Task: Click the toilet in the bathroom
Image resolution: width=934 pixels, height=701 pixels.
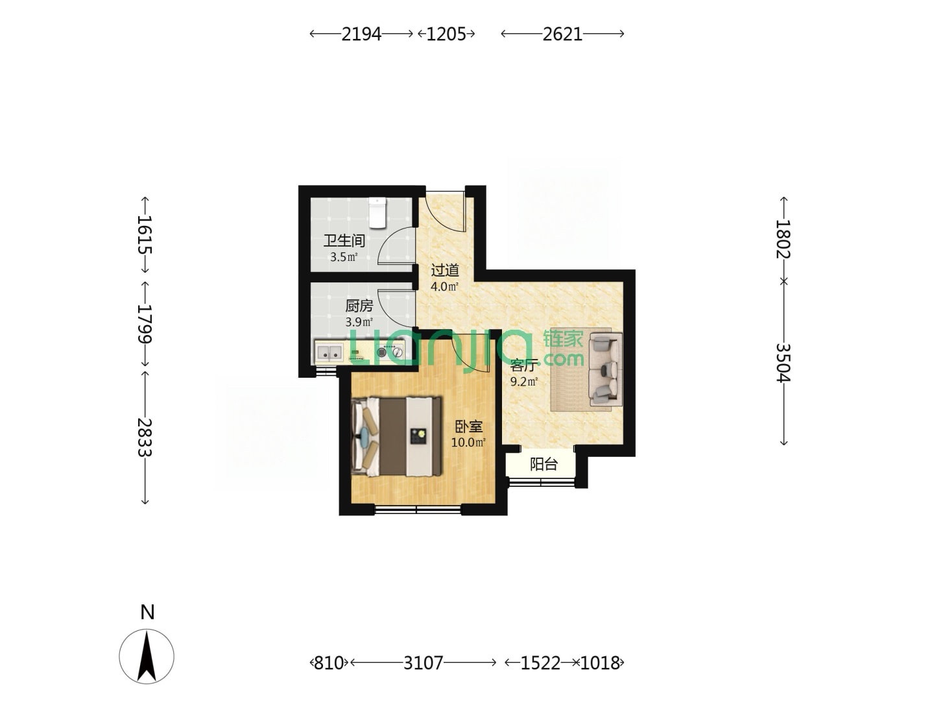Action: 377,212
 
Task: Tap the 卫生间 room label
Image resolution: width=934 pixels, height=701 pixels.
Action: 344,241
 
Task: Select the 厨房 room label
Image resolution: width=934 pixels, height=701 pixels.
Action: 359,306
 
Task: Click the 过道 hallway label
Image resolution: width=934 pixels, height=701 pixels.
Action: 445,270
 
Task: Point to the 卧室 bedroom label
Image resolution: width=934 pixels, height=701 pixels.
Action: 468,426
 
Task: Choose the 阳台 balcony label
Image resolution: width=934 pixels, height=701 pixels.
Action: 544,464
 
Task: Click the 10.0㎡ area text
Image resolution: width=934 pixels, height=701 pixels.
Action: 468,443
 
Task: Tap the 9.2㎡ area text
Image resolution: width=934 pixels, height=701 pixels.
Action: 524,382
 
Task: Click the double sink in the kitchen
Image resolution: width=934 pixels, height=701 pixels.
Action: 329,352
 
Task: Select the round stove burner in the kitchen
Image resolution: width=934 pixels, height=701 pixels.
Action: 381,352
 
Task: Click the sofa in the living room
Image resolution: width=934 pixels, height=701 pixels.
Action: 605,369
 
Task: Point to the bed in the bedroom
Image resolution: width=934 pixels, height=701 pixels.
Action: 396,436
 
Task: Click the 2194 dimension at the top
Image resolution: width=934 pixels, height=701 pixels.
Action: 361,34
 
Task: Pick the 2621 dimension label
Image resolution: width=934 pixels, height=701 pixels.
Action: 562,34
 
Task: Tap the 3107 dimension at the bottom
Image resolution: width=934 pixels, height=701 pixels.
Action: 423,663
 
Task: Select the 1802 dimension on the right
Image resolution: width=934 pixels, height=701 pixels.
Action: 783,239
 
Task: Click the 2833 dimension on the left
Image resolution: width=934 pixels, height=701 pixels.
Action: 145,437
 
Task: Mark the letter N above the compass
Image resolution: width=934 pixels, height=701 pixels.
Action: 147,613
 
